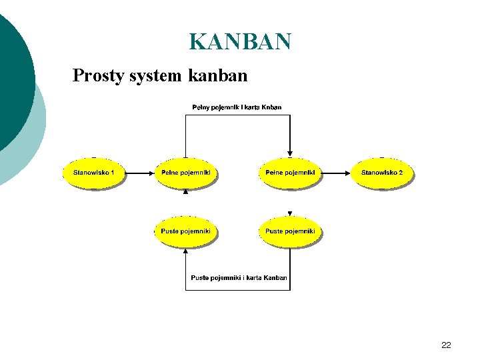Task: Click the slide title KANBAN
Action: click(240, 41)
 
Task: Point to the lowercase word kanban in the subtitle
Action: click(218, 75)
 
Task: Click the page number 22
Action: click(446, 345)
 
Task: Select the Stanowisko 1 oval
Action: click(94, 173)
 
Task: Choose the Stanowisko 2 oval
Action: click(382, 173)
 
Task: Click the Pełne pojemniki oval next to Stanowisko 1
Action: click(186, 173)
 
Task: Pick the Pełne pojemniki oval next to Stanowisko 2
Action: click(290, 173)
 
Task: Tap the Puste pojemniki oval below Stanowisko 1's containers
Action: click(186, 231)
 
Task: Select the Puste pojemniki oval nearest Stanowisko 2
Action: click(290, 231)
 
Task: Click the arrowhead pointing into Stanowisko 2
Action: click(348, 173)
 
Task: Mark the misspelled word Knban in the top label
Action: click(271, 107)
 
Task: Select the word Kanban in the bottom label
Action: click(275, 277)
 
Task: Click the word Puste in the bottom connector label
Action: click(200, 277)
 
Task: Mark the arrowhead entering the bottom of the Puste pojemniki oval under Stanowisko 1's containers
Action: click(186, 251)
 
